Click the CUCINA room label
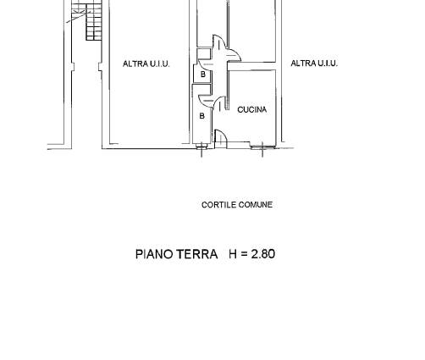[x=252, y=109]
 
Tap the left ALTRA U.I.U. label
[x=146, y=64]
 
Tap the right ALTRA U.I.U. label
[x=314, y=64]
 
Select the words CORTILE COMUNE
[x=237, y=205]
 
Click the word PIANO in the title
[x=154, y=254]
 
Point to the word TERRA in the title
[x=197, y=254]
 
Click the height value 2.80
[x=263, y=254]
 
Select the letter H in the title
[x=233, y=254]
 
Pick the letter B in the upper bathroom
[x=203, y=75]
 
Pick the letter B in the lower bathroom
[x=201, y=116]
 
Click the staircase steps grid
[x=94, y=22]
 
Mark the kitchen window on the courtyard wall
[x=262, y=147]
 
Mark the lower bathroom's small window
[x=201, y=146]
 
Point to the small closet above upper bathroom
[x=204, y=53]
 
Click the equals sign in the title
[x=245, y=254]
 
